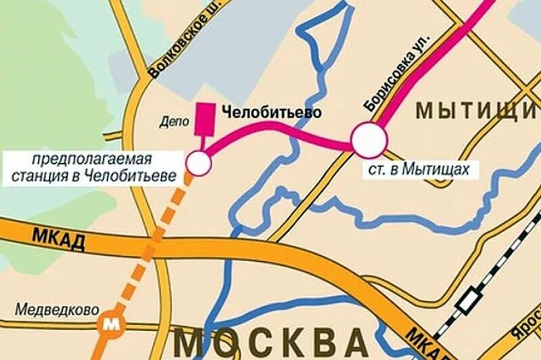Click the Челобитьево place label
pos(271,112)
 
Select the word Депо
pos(174,122)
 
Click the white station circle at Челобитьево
pos(198,162)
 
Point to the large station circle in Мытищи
pos(369,140)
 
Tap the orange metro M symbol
pos(109,323)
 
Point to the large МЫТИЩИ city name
pos(476,110)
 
